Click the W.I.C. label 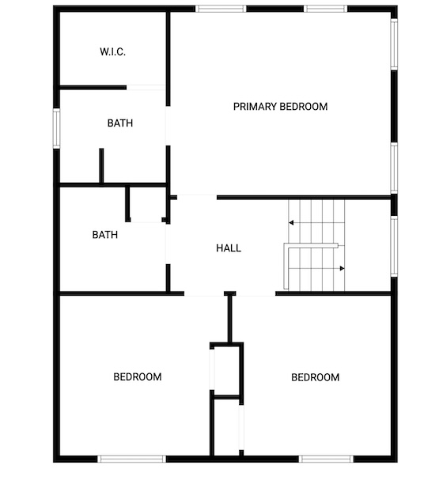coord(112,51)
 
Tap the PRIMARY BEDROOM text coord(280,107)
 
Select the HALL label coord(229,248)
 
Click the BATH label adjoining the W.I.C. coord(120,123)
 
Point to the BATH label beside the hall coord(105,235)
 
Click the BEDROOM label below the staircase coord(316,377)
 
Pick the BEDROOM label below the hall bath coord(138,376)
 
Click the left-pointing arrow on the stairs coord(291,222)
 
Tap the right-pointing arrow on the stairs coord(343,269)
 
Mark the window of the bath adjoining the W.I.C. coord(56,128)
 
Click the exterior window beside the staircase coord(394,246)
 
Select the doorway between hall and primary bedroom coord(197,198)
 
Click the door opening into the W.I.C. coord(146,88)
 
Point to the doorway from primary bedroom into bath coord(168,126)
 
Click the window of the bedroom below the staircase coord(326,459)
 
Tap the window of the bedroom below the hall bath coord(131,459)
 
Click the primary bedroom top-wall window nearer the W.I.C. coord(221,9)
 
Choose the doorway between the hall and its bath coord(168,244)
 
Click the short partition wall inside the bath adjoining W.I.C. coord(101,166)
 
